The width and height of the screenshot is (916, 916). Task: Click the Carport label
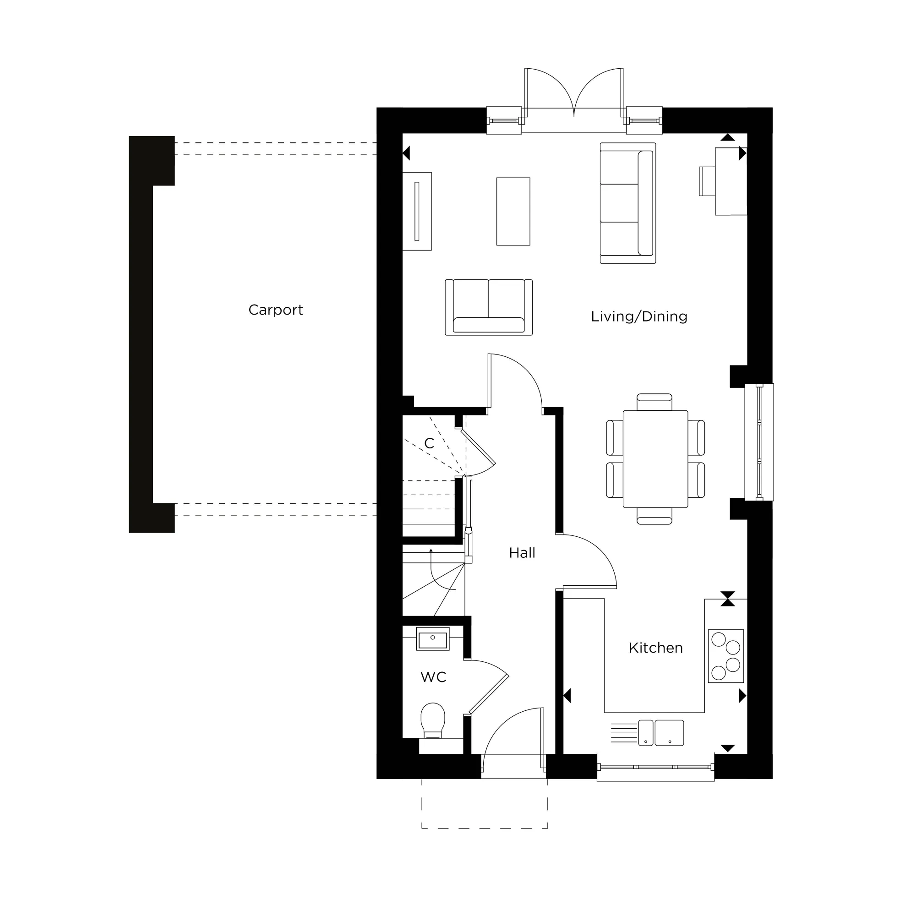pyautogui.click(x=275, y=310)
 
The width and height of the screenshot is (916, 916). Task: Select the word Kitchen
pyautogui.click(x=656, y=648)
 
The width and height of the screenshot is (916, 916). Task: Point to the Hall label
pyautogui.click(x=522, y=552)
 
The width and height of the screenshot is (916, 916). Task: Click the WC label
pyautogui.click(x=433, y=677)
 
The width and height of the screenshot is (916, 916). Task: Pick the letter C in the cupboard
pyautogui.click(x=429, y=443)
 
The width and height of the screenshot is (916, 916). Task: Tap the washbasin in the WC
pyautogui.click(x=432, y=638)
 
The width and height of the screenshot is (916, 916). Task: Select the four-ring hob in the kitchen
pyautogui.click(x=725, y=656)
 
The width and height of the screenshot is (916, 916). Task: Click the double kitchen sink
pyautogui.click(x=661, y=732)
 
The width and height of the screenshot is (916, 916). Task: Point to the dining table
pyautogui.click(x=655, y=459)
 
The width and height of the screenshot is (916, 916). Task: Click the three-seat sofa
pyautogui.click(x=628, y=203)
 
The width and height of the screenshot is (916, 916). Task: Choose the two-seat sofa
pyautogui.click(x=489, y=307)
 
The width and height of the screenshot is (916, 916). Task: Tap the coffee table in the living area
pyautogui.click(x=513, y=212)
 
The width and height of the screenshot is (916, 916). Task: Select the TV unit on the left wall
pyautogui.click(x=417, y=211)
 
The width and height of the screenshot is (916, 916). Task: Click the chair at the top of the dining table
pyautogui.click(x=654, y=402)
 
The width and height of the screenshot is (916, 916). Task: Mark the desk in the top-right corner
pyautogui.click(x=731, y=181)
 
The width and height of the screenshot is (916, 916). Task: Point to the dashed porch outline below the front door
pyautogui.click(x=485, y=828)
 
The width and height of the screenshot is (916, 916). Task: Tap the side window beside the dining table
pyautogui.click(x=759, y=442)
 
